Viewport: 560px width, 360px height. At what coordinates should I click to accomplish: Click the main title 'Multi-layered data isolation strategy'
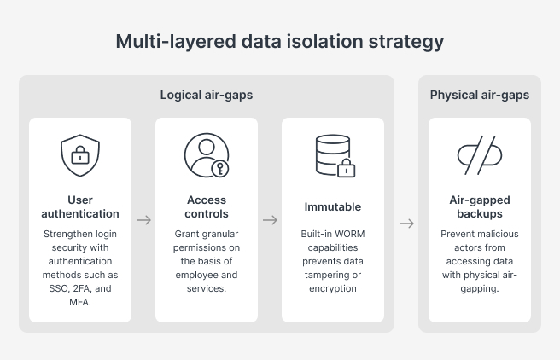click(x=280, y=42)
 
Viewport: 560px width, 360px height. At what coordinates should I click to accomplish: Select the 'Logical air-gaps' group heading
click(x=207, y=95)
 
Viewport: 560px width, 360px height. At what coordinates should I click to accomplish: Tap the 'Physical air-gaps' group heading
click(x=479, y=95)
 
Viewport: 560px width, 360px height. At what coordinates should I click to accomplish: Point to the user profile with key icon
click(x=207, y=155)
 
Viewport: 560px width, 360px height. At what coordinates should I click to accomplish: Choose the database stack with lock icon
click(x=333, y=155)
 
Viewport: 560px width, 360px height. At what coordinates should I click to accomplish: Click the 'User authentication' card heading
click(x=80, y=207)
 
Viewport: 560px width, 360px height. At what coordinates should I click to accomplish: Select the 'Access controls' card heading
click(x=207, y=207)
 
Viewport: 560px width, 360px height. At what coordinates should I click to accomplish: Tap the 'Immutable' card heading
click(x=333, y=206)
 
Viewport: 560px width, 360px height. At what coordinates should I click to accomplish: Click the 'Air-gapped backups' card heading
click(x=479, y=207)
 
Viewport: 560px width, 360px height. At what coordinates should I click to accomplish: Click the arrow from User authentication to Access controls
click(x=143, y=220)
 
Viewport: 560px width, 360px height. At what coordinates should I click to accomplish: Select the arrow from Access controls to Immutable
click(x=270, y=220)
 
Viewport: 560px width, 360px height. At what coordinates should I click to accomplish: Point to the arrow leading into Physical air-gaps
click(x=406, y=224)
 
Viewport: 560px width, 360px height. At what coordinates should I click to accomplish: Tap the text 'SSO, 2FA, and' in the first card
click(x=80, y=288)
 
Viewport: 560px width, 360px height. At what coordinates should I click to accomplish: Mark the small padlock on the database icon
click(x=346, y=168)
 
